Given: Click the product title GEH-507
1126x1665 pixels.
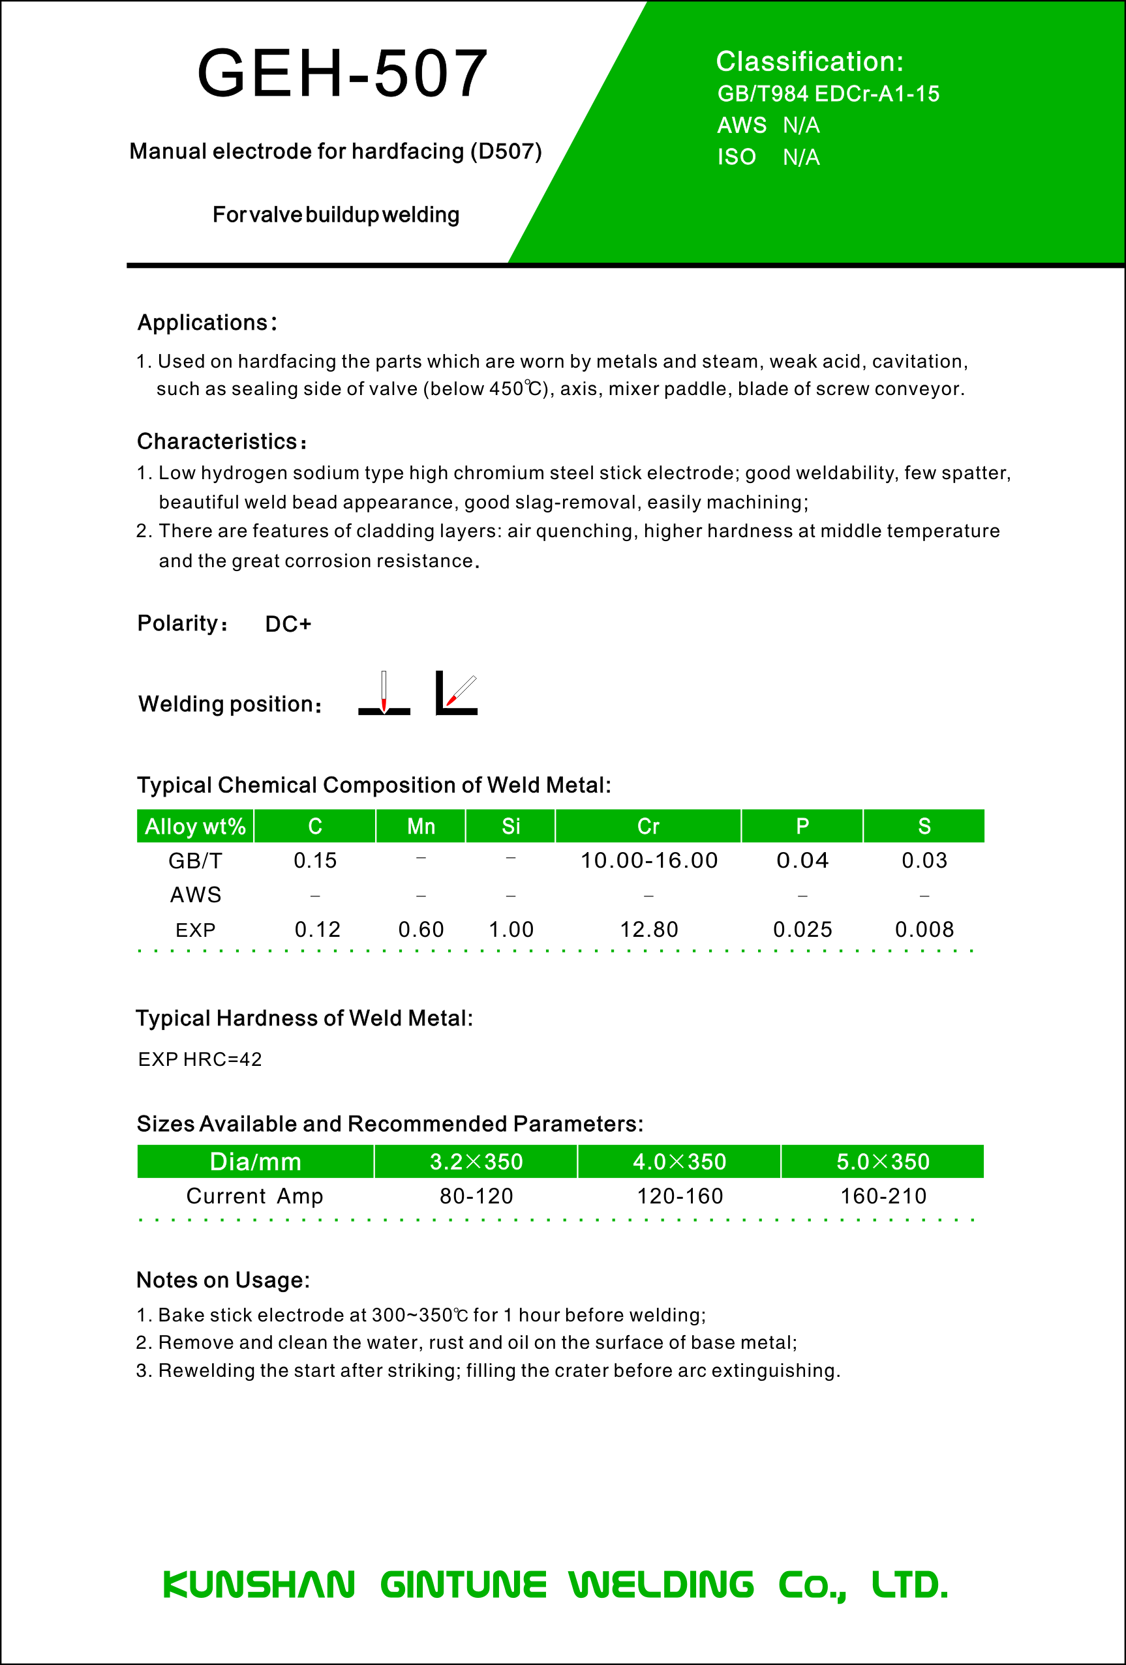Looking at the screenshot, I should [342, 74].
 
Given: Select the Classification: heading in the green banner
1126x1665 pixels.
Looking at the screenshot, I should [809, 63].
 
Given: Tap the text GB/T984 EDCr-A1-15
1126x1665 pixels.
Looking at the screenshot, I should [828, 94].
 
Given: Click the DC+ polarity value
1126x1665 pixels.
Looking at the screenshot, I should [288, 624].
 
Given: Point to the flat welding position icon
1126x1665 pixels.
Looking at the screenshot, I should [384, 694].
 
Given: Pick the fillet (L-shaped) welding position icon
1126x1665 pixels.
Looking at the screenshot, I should [457, 694].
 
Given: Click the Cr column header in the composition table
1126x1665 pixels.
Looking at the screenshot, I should [648, 827].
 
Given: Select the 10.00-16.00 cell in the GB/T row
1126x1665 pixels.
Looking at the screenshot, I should [648, 861].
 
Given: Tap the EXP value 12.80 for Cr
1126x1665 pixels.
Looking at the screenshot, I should [648, 930].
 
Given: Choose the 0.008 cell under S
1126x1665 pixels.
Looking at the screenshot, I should [924, 930].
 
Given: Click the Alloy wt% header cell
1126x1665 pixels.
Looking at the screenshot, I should [195, 827].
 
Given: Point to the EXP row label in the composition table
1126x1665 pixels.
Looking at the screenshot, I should [195, 930].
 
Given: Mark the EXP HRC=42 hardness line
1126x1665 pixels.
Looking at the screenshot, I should [200, 1059].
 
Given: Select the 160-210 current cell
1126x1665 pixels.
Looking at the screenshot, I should [883, 1196].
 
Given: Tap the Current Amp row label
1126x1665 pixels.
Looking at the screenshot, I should [254, 1196].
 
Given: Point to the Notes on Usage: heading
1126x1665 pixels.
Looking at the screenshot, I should [223, 1280].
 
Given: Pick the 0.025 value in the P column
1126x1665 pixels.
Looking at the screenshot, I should [802, 930].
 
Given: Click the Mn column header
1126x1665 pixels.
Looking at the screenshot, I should [421, 827].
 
